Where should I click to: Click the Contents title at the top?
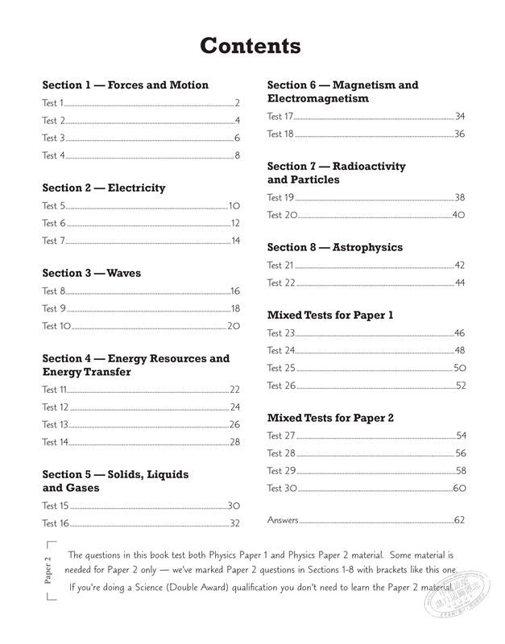click(x=250, y=46)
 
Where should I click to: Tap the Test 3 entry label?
click(x=54, y=138)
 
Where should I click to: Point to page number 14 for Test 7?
click(x=235, y=241)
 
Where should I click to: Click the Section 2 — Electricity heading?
click(x=103, y=188)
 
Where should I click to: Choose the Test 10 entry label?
click(x=56, y=326)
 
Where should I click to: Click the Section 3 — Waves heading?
click(x=91, y=274)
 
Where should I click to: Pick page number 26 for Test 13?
click(x=235, y=424)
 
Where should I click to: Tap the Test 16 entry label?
click(x=56, y=523)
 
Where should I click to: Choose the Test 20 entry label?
click(x=282, y=215)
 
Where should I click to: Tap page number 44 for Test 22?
click(x=460, y=283)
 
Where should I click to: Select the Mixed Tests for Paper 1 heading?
click(x=330, y=316)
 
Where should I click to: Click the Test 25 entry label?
click(x=282, y=368)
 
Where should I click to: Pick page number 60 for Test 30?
click(x=460, y=489)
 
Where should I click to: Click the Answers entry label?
click(x=283, y=520)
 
